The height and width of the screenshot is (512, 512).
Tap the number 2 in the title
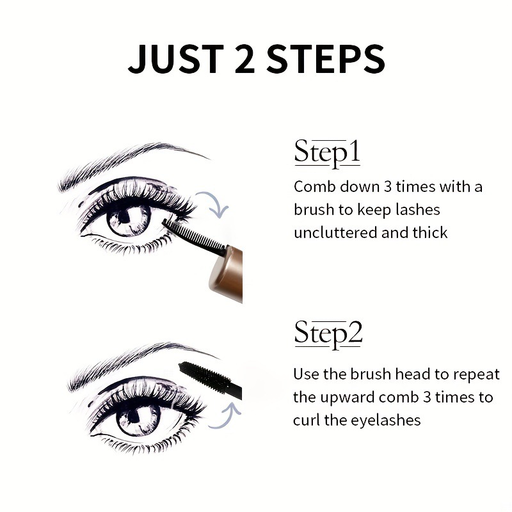(244, 59)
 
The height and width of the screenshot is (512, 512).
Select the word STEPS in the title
(326, 59)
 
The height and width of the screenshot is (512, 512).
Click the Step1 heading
(327, 153)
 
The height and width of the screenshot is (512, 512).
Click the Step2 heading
(328, 333)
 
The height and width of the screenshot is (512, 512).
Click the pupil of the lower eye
(134, 417)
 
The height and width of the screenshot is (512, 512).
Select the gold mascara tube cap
(226, 275)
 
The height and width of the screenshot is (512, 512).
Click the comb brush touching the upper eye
(193, 236)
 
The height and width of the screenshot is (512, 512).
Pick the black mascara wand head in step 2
(204, 376)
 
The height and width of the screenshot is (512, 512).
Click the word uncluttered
(335, 233)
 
